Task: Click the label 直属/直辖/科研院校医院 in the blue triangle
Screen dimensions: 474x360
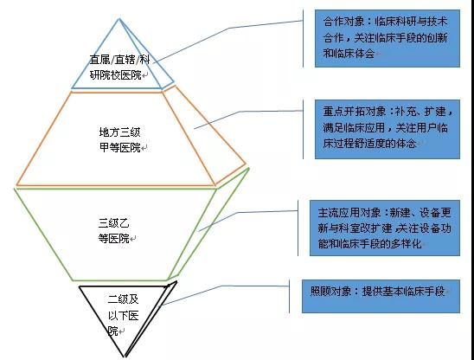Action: [x=119, y=67]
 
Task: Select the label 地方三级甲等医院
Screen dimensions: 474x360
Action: [x=120, y=140]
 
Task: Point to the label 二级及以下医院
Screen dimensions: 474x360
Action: [x=124, y=315]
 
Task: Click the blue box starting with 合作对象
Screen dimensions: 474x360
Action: [x=388, y=38]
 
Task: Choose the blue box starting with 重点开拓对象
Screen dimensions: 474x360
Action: [x=388, y=129]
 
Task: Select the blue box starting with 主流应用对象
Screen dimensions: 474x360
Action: [x=385, y=228]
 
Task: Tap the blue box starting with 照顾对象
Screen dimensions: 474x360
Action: [x=381, y=296]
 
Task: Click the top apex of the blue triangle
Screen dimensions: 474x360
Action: [x=119, y=19]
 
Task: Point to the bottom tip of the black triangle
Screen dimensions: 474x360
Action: [x=125, y=357]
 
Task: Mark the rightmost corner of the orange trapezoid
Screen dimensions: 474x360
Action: [x=246, y=164]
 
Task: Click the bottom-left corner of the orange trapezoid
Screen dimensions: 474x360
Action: [x=16, y=185]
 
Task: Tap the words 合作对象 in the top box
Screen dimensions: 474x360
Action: [x=343, y=22]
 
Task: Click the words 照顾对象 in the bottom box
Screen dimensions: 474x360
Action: [x=330, y=292]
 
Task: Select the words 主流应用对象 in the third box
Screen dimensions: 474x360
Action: [x=349, y=213]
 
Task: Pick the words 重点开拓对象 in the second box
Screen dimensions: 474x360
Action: [x=355, y=112]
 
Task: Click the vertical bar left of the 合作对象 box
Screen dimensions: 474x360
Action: [x=303, y=38]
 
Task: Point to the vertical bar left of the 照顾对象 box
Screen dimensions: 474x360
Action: [x=289, y=296]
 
